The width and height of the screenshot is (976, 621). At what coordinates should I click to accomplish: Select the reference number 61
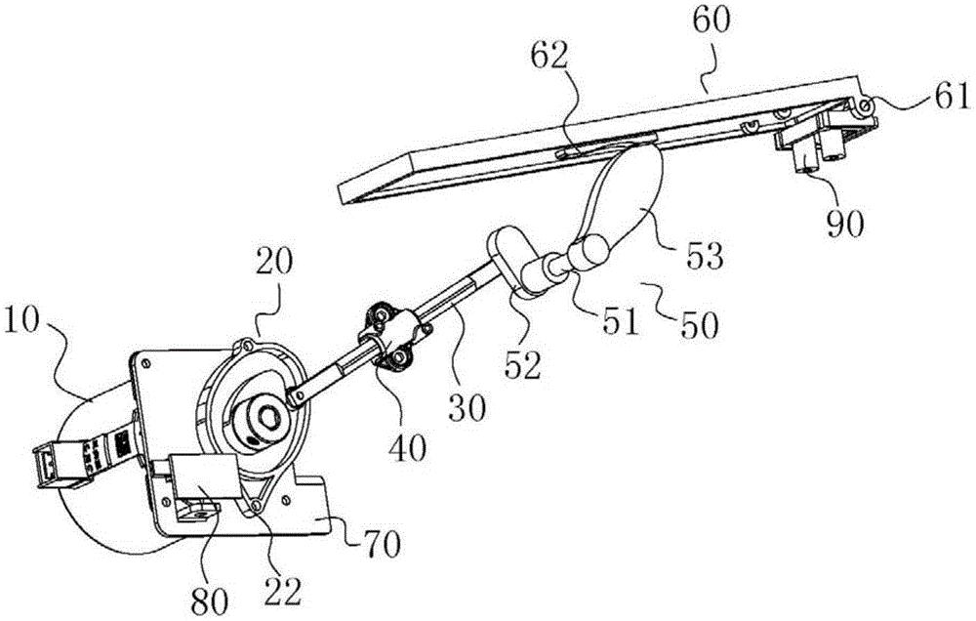[x=949, y=96]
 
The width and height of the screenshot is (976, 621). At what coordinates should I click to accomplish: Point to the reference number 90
[x=846, y=225]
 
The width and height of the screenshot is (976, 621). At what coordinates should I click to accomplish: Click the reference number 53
[x=706, y=258]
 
